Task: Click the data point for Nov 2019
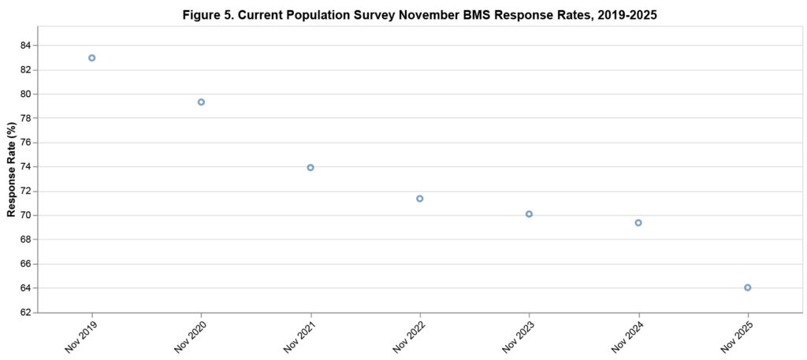92,58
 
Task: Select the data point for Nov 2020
201,102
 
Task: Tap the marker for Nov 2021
311,167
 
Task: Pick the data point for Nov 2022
420,199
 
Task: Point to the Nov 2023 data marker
529,213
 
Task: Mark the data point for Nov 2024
638,222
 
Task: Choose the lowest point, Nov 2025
747,288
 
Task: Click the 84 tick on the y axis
25,46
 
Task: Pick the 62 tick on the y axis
25,313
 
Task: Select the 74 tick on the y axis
25,167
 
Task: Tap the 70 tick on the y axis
25,215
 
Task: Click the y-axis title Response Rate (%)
11,169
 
